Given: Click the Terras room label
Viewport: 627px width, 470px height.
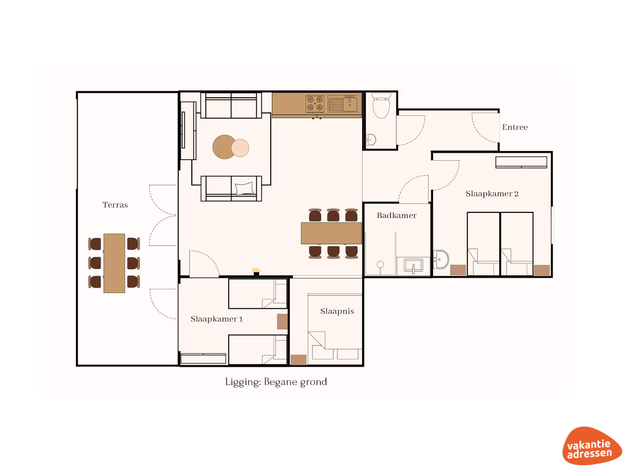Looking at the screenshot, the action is (115, 205).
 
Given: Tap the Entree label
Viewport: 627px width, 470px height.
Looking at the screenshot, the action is (515, 127).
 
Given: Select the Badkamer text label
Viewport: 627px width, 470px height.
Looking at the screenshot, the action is (396, 215).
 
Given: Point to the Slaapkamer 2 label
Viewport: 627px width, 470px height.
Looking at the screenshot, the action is (492, 194).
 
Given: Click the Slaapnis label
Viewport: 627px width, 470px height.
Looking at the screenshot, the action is (337, 311).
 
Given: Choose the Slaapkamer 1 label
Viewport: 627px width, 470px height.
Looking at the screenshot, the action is (217, 319).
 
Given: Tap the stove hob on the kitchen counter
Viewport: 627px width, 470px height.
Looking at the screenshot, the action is (315, 104).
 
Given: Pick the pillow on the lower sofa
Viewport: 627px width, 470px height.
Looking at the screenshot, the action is (244, 188).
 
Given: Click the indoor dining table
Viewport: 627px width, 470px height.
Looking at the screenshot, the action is (331, 233).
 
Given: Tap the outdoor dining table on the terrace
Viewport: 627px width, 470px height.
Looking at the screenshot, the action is (114, 263).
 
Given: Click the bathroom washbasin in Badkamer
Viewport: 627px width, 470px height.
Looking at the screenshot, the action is (413, 265).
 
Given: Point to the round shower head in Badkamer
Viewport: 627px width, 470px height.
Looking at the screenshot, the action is (380, 264).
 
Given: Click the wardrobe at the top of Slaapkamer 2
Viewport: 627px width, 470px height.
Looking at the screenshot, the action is (521, 162).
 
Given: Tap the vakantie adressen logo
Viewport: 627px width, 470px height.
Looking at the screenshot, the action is (592, 446).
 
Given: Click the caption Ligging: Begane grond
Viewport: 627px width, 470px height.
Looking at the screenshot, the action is (276, 382).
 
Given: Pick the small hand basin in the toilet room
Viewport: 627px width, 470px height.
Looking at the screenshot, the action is (371, 140).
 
